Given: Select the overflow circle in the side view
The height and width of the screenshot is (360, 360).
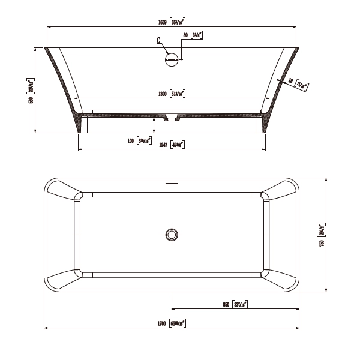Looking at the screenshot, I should point(172,59).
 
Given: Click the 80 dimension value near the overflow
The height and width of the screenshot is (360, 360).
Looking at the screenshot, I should point(186,35).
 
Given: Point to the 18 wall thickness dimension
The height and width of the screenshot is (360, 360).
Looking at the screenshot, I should point(290,79).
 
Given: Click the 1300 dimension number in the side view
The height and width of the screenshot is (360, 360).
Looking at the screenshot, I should point(162,94).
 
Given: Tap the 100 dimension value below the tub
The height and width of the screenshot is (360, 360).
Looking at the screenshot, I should point(130,141).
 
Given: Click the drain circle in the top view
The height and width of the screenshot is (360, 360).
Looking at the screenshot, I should point(172,233).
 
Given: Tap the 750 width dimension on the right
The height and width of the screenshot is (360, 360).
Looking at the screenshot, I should point(322,243).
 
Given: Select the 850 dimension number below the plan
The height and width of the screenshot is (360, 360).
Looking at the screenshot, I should point(226,305).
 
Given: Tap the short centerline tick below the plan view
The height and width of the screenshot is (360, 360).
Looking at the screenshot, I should point(172,298).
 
